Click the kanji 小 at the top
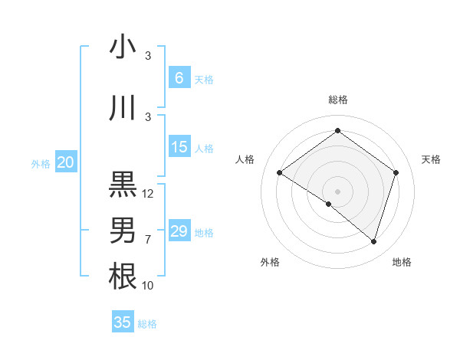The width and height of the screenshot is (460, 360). pyautogui.click(x=123, y=47)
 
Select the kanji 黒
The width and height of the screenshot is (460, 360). pyautogui.click(x=123, y=185)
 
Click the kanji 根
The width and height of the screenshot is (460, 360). pyautogui.click(x=123, y=276)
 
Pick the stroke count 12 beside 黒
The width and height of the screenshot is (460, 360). pyautogui.click(x=148, y=194)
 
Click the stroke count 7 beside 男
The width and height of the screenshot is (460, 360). pyautogui.click(x=148, y=240)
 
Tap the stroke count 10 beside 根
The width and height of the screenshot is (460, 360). pyautogui.click(x=148, y=286)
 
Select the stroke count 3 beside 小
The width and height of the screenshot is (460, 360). pyautogui.click(x=148, y=56)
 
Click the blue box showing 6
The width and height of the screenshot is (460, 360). pyautogui.click(x=179, y=78)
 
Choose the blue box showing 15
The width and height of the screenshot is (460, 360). pyautogui.click(x=179, y=147)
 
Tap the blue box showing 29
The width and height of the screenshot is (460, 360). pyautogui.click(x=179, y=231)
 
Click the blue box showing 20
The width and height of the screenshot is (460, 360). pyautogui.click(x=66, y=162)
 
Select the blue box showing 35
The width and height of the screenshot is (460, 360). pyautogui.click(x=123, y=322)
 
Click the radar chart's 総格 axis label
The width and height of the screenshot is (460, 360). pyautogui.click(x=338, y=100)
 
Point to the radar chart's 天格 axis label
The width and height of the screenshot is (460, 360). pyautogui.click(x=432, y=159)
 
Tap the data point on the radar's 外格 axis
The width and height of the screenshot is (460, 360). pyautogui.click(x=329, y=204)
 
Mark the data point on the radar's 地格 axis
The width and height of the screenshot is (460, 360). pyautogui.click(x=373, y=241)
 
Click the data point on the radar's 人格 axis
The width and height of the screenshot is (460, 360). pyautogui.click(x=280, y=173)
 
